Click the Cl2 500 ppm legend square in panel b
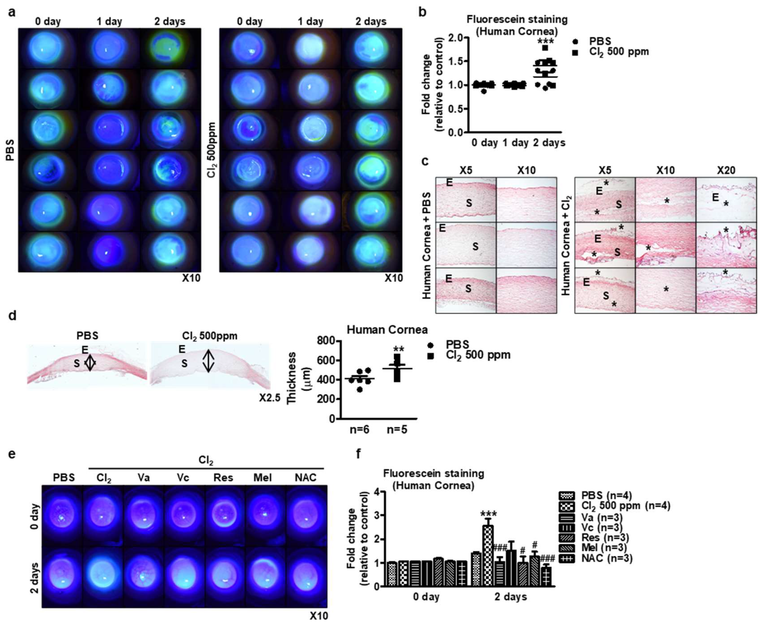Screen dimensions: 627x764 (575, 53)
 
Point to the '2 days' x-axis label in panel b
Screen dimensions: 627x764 (549, 143)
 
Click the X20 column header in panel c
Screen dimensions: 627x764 (726, 170)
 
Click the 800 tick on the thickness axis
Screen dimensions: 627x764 (326, 341)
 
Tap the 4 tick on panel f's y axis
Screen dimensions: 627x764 (377, 492)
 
